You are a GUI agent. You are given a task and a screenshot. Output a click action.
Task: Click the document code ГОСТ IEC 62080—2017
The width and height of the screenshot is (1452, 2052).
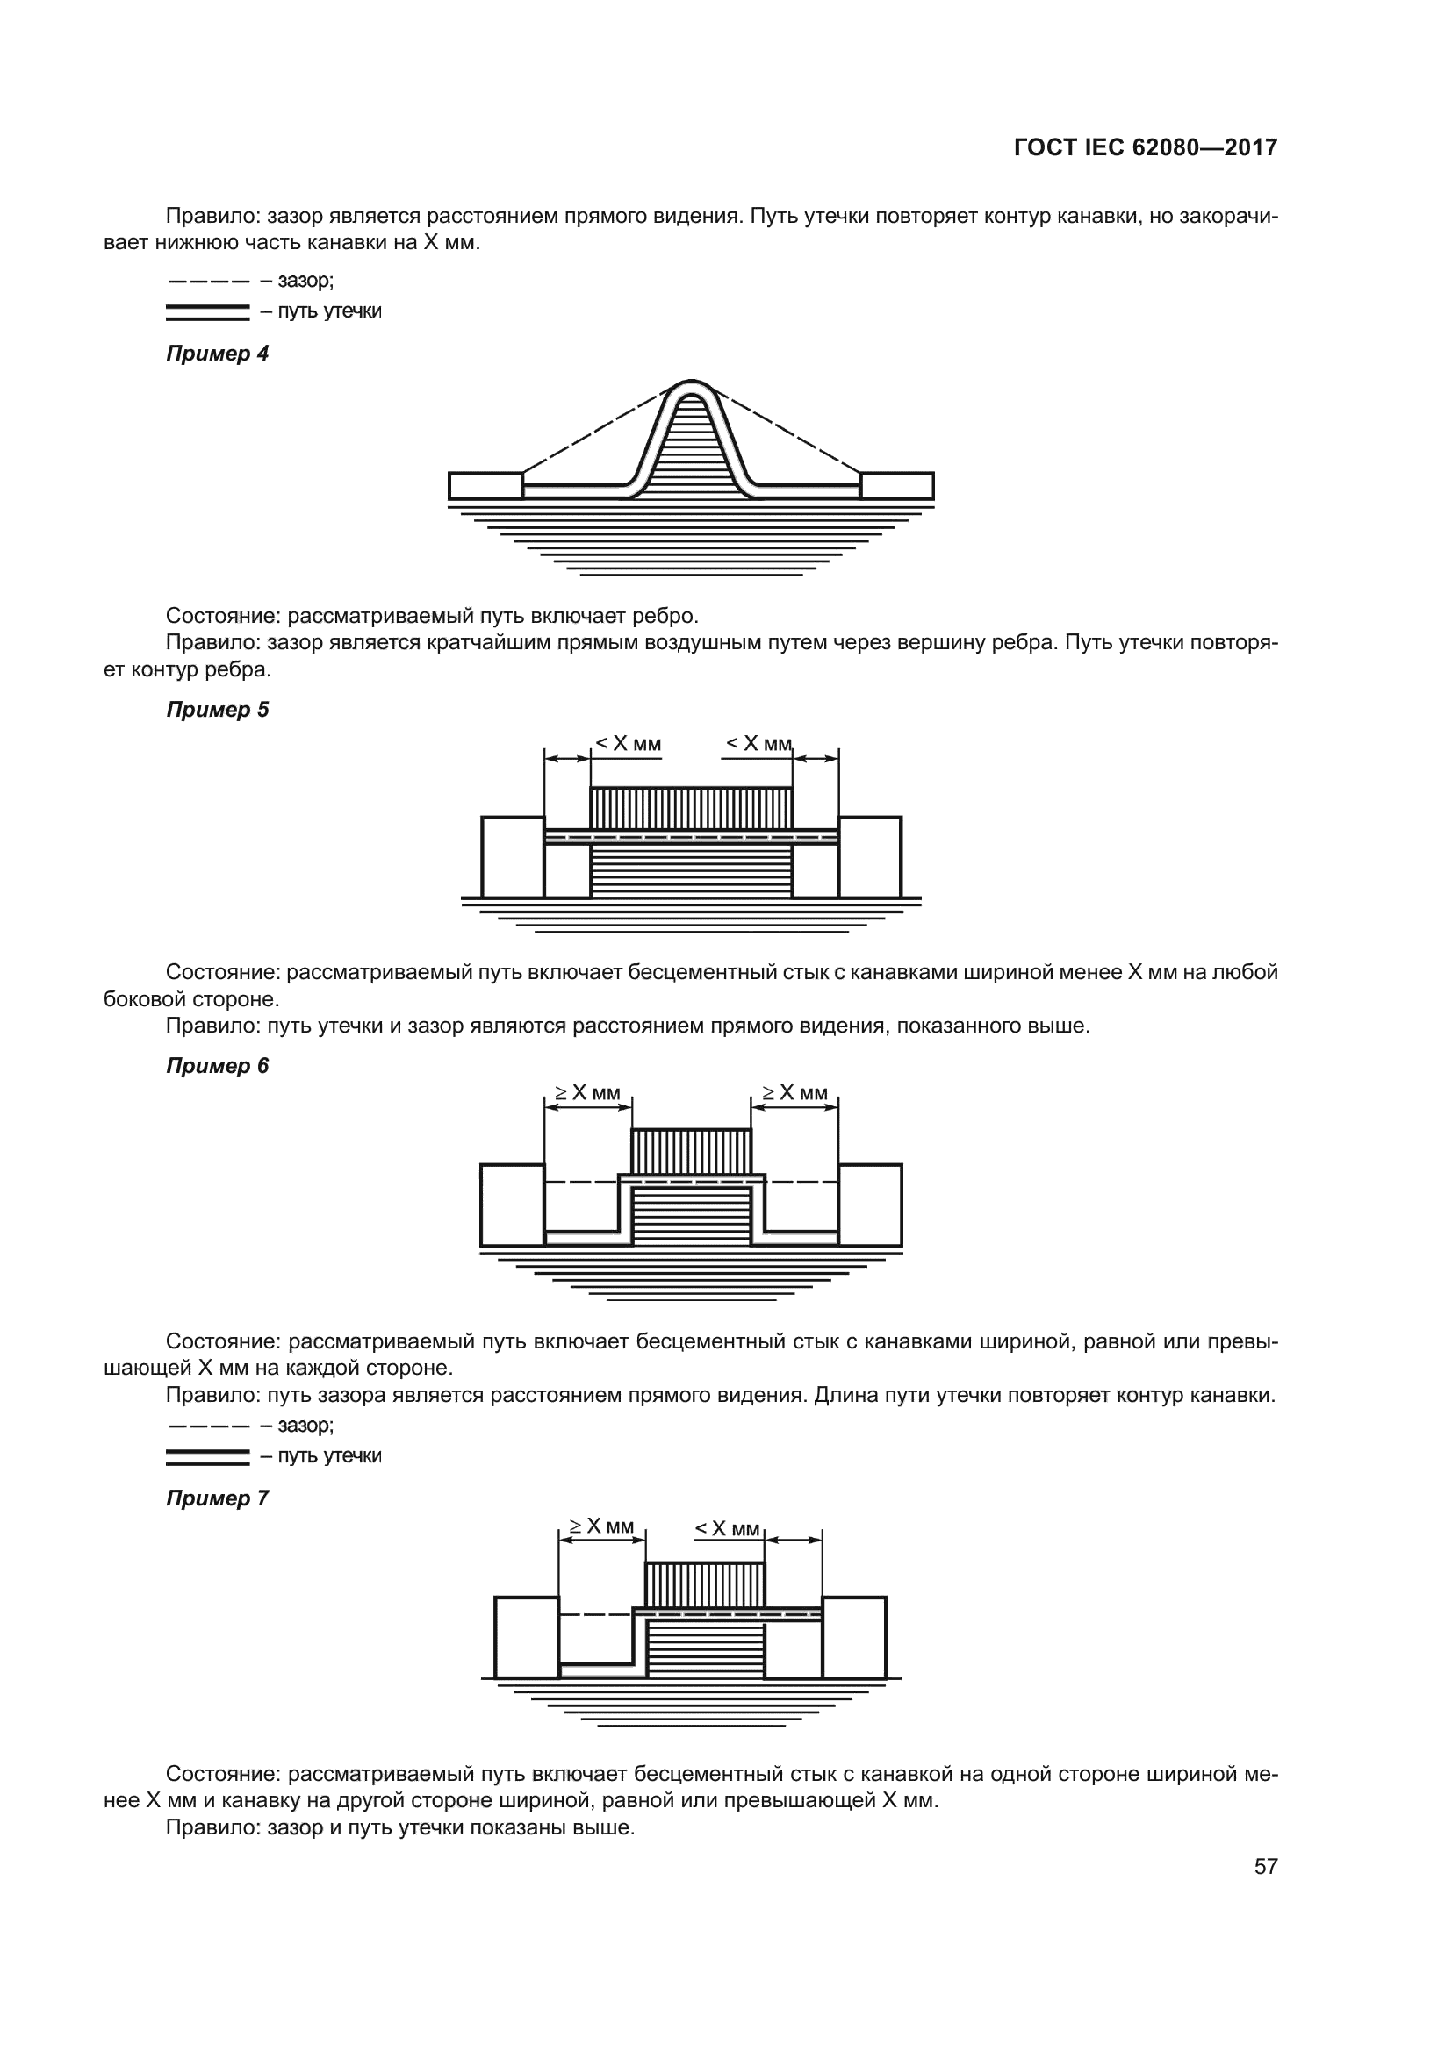1146,148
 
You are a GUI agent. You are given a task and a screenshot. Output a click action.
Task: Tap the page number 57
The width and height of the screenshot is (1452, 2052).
1265,1866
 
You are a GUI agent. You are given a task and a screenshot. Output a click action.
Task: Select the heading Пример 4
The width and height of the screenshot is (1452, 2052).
217,354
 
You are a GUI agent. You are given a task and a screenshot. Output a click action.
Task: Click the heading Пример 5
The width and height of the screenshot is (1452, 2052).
217,710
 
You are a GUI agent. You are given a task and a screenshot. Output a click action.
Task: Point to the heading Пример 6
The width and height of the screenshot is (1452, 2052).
217,1065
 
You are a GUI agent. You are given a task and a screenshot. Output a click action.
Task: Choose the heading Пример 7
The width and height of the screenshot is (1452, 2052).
217,1498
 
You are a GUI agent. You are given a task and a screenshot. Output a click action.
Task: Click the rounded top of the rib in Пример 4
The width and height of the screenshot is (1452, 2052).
690,386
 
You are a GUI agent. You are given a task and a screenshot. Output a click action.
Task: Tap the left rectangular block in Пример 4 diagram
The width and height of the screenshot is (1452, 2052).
485,486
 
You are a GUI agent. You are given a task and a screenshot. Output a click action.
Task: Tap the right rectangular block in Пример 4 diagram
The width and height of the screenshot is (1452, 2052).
897,486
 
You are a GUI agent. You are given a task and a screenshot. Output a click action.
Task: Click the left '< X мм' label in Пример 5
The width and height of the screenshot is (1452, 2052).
629,744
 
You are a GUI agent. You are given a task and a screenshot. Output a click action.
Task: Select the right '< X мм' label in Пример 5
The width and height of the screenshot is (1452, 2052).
758,744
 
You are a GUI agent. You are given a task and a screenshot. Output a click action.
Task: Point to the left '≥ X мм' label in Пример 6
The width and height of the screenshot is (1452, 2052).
586,1092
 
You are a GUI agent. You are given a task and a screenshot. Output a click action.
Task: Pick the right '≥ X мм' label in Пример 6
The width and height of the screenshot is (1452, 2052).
794,1092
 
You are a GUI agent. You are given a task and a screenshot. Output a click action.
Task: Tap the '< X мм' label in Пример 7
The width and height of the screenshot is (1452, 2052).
728,1528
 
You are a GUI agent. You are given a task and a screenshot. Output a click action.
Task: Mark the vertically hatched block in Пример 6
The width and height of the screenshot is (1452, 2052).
691,1151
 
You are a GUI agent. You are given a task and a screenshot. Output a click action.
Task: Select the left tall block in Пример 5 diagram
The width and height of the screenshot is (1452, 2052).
513,856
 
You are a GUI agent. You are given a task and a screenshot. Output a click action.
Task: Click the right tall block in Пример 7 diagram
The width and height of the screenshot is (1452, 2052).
854,1637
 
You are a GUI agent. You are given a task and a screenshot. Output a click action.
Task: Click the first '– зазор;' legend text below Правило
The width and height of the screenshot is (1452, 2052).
297,281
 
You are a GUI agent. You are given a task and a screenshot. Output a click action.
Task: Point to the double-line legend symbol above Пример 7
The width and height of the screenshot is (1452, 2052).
207,1457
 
